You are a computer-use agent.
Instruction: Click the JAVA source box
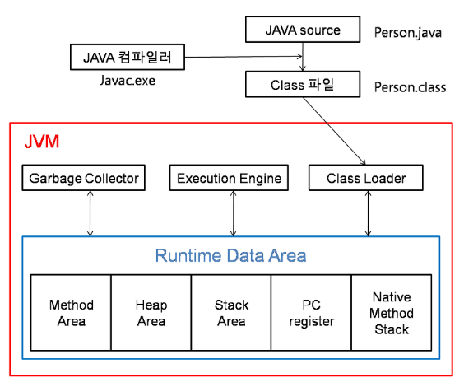pos(303,30)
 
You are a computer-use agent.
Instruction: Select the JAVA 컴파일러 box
pos(128,57)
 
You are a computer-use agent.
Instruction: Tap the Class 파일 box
pos(303,84)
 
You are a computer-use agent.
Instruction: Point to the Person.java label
pos(408,33)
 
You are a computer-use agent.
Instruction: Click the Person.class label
pos(410,87)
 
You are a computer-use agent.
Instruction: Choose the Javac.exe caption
pos(128,81)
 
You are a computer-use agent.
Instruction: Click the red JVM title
pos(42,142)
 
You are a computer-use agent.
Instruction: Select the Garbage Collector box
pos(84,178)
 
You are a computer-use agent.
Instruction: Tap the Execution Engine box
pos(229,178)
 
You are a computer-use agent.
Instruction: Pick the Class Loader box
pos(366,178)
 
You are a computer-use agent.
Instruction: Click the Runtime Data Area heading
pos(231,255)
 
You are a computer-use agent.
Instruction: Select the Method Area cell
pos(71,313)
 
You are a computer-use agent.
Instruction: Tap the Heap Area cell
pos(151,313)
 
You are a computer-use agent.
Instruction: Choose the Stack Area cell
pos(231,313)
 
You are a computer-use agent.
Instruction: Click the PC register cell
pos(312,313)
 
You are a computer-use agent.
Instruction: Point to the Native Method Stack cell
pos(392,313)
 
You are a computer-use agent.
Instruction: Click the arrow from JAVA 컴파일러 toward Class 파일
pos(244,57)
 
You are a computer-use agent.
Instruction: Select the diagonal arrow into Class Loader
pos(334,131)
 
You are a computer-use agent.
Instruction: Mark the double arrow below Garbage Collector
pos(90,213)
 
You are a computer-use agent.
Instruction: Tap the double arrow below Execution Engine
pos(233,213)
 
